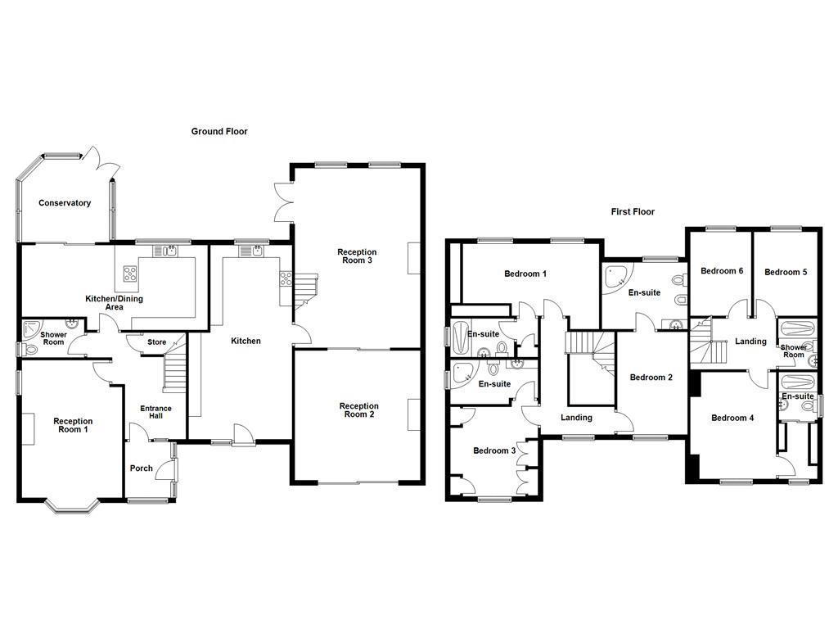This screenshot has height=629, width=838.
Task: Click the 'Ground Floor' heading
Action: (x=219, y=131)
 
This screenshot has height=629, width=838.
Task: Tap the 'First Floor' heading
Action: (x=633, y=211)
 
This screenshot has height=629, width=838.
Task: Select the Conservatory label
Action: (x=65, y=203)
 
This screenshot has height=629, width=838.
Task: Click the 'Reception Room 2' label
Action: (x=358, y=410)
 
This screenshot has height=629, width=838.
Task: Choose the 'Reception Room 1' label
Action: (x=73, y=425)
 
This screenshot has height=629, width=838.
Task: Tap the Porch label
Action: (x=142, y=468)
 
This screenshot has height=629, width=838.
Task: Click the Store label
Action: (x=156, y=342)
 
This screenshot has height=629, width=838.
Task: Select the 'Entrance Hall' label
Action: (x=155, y=412)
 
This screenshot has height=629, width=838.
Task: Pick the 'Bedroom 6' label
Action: (x=722, y=271)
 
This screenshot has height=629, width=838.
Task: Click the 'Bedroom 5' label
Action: (x=786, y=271)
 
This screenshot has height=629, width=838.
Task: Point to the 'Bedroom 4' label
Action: (x=732, y=418)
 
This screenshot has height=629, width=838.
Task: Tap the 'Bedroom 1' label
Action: (x=525, y=274)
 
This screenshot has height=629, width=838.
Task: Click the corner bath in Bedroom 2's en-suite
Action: (x=615, y=278)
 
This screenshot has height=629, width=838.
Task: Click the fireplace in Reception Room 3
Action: (x=414, y=259)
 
